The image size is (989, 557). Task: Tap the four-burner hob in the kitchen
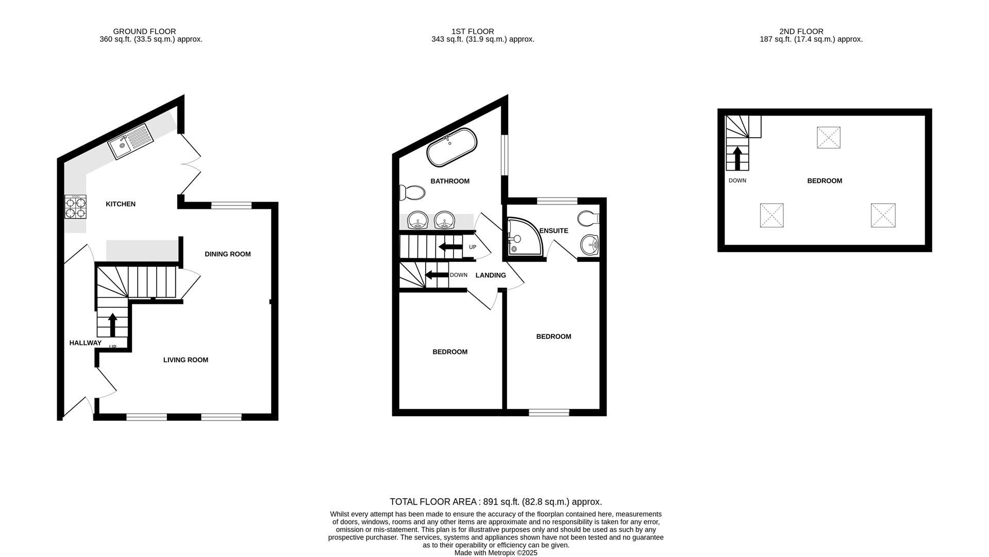pyautogui.click(x=75, y=207)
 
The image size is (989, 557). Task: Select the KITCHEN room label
pyautogui.click(x=121, y=204)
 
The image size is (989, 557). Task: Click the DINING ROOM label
pyautogui.click(x=228, y=254)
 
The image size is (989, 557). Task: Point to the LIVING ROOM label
pyautogui.click(x=186, y=360)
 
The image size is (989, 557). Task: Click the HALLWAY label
pyautogui.click(x=86, y=343)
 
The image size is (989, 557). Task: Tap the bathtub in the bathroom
pyautogui.click(x=452, y=147)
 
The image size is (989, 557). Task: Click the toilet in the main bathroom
pyautogui.click(x=412, y=193)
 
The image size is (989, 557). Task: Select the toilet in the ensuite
pyautogui.click(x=589, y=218)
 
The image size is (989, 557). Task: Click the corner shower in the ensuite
pyautogui.click(x=524, y=237)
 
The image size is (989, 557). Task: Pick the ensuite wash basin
pyautogui.click(x=590, y=244)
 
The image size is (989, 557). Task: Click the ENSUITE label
pyautogui.click(x=554, y=231)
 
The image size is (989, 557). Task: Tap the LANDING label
pyautogui.click(x=491, y=275)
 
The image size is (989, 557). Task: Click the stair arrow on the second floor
pyautogui.click(x=737, y=158)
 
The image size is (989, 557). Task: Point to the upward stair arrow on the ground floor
pyautogui.click(x=112, y=324)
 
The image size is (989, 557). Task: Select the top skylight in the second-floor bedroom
pyautogui.click(x=829, y=138)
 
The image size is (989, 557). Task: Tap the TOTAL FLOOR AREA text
pyautogui.click(x=496, y=502)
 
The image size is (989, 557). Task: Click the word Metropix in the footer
pyautogui.click(x=503, y=553)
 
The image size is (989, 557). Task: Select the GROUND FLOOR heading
pyautogui.click(x=144, y=31)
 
